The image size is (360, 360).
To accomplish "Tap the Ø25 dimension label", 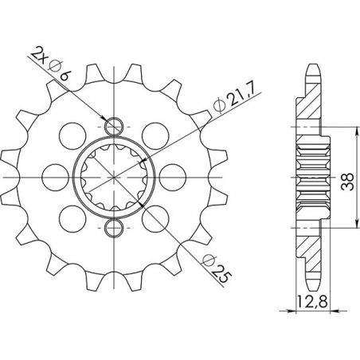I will pos(220,266).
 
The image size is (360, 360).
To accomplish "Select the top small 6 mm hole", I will pos(115,125).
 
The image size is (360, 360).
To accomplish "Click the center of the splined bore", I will pos(115,178).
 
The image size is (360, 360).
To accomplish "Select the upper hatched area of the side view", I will pos(307,108).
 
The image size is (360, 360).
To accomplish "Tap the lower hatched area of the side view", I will pos(307,247).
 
